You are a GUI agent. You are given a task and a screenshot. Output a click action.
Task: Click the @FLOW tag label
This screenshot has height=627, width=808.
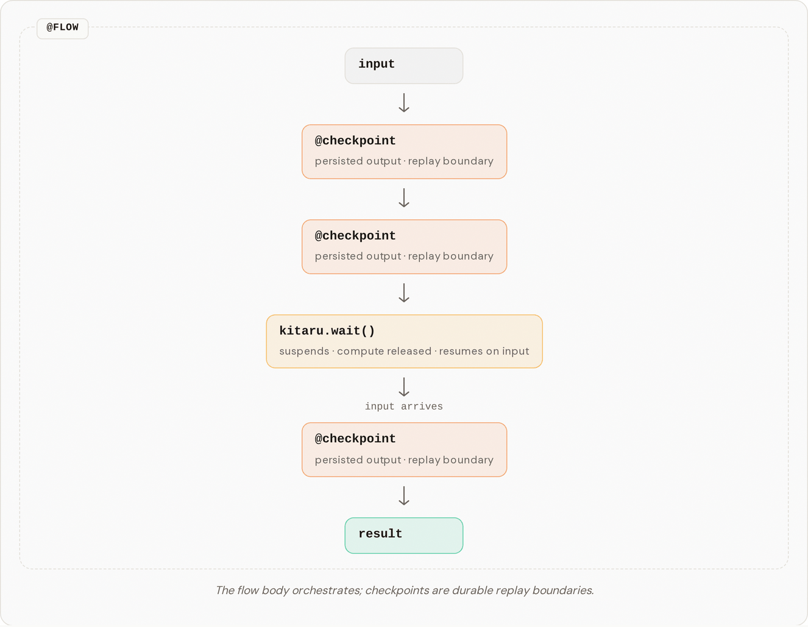pos(63,28)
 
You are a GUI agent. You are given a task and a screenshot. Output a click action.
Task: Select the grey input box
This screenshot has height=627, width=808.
pos(404,66)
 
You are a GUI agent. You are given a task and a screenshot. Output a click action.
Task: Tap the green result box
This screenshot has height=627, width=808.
pos(404,536)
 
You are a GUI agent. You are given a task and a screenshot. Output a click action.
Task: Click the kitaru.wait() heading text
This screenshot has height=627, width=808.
pos(327,330)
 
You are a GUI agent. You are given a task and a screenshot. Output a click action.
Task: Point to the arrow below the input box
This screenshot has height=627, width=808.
pos(404,102)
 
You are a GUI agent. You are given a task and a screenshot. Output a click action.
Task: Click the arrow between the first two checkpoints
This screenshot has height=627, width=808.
pos(404,197)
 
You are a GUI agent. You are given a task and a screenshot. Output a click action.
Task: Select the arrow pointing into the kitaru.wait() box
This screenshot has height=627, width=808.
pos(404,293)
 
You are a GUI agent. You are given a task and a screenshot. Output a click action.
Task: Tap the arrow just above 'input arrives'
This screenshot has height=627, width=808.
pos(404,387)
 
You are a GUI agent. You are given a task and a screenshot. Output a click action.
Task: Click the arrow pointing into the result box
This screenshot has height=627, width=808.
pos(404,496)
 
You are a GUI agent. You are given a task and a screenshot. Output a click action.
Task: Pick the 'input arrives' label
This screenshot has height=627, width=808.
pos(404,406)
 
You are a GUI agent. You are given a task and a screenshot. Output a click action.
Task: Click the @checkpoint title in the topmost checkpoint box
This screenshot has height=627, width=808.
pos(355,141)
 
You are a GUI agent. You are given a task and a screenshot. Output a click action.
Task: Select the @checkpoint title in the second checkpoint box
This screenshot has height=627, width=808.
pos(355,236)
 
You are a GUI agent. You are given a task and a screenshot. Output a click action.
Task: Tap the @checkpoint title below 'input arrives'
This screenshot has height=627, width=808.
pos(355,439)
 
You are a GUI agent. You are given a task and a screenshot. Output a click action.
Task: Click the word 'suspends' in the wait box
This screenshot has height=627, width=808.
pos(304,351)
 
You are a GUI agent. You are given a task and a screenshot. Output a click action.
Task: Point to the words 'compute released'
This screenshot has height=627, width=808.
pos(384,351)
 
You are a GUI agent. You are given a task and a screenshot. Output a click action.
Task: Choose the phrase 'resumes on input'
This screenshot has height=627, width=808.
pos(484,351)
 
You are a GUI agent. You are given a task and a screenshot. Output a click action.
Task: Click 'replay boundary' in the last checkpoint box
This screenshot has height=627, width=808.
pos(451,460)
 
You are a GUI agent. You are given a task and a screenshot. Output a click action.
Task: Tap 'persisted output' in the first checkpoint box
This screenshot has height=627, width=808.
pos(358,161)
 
